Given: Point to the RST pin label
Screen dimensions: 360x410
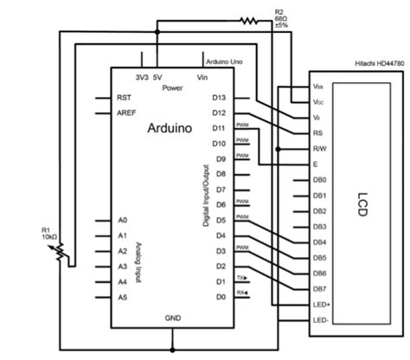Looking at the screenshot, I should point(124,98).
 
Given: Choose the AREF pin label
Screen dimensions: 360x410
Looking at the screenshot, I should point(126,113).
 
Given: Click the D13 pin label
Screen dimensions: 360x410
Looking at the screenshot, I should point(220,98).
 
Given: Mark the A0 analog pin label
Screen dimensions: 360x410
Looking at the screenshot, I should point(123,220).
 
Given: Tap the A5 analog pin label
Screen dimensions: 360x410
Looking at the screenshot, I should point(123,297).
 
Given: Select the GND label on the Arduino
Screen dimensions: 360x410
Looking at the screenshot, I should point(172,318).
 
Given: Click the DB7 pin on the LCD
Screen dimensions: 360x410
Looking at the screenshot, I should point(319,288).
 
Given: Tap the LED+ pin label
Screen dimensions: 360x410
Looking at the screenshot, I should point(321,305).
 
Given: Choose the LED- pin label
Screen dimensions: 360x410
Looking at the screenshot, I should point(320,320).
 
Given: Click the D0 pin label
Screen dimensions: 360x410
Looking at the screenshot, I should point(220,297).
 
